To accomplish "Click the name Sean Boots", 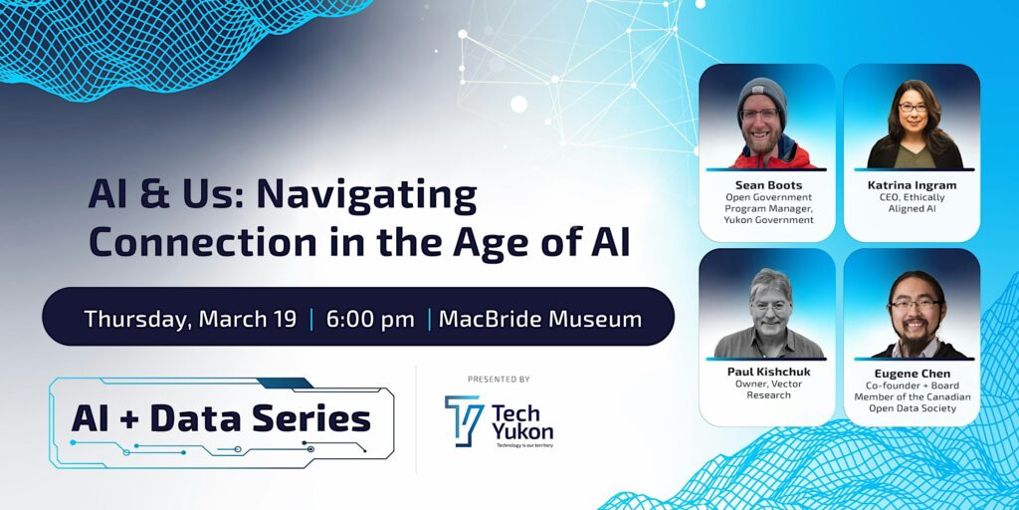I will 766,184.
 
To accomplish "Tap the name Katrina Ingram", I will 912,184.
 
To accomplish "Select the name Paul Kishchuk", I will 766,372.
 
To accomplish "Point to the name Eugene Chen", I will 912,374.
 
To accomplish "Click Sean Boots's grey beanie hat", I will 763,93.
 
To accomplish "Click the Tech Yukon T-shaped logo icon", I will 464,420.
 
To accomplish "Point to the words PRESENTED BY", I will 498,379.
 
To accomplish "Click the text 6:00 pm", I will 369,319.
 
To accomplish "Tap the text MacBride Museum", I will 540,319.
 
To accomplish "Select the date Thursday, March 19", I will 190,319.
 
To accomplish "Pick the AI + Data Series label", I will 220,419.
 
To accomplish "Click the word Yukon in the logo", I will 522,431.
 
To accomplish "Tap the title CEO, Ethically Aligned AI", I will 912,203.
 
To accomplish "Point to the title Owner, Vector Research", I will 766,389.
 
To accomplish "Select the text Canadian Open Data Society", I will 912,401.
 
